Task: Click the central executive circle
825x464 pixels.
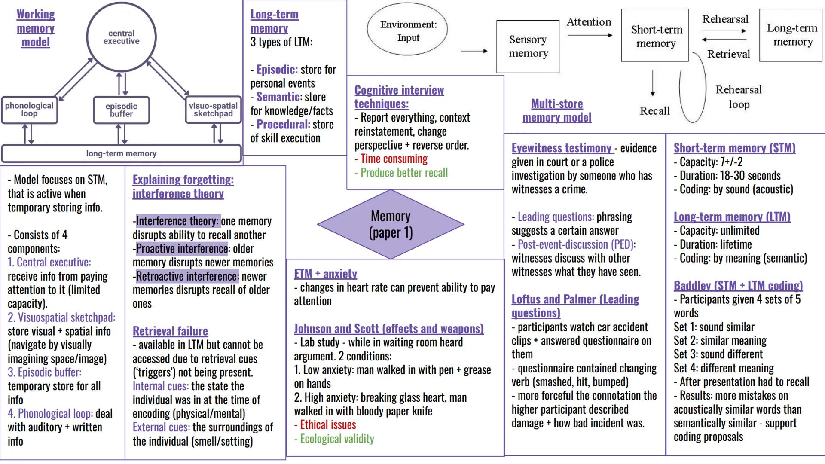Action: click(121, 37)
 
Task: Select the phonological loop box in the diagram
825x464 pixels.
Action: click(29, 110)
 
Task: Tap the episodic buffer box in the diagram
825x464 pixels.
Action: click(121, 110)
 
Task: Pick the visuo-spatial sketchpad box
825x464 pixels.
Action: click(213, 110)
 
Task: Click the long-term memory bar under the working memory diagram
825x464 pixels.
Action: click(121, 153)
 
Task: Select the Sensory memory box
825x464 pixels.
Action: click(528, 46)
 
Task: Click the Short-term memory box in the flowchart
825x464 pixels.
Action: click(655, 36)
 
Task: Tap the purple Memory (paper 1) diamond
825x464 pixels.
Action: click(391, 224)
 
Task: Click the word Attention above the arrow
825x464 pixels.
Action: click(589, 22)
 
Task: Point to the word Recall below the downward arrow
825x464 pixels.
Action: click(654, 111)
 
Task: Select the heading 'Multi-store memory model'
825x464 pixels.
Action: click(557, 110)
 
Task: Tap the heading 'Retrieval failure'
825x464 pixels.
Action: click(170, 331)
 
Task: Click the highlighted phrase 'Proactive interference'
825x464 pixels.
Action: click(182, 249)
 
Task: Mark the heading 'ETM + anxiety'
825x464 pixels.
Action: click(325, 274)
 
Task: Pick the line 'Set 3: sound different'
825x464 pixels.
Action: click(718, 354)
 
